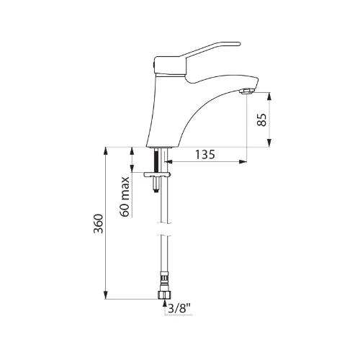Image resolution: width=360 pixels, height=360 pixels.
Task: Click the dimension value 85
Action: [261, 120]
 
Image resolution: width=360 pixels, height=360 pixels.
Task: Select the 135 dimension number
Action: [204, 154]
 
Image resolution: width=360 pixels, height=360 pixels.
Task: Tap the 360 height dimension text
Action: [99, 224]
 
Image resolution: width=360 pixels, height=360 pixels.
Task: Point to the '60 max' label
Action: [125, 197]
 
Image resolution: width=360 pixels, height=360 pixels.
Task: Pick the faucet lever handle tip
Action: [239, 44]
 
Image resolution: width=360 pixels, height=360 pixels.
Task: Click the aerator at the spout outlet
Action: [246, 91]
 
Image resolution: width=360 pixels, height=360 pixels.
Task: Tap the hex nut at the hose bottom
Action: [164, 295]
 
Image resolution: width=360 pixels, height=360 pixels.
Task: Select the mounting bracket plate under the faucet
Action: [157, 174]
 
